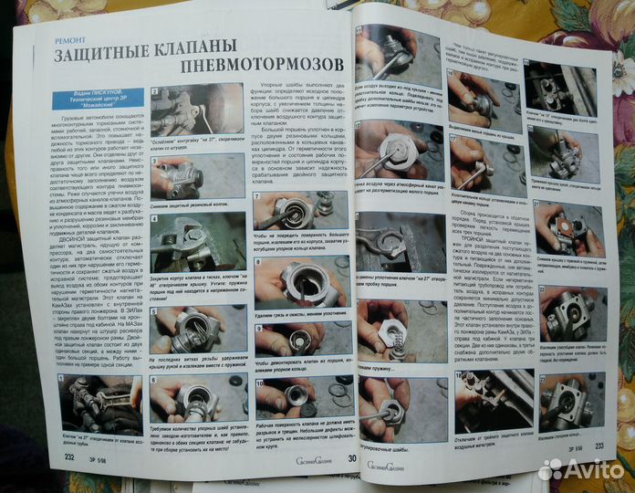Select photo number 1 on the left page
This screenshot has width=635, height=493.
98,402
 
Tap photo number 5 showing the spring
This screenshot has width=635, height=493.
192,329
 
